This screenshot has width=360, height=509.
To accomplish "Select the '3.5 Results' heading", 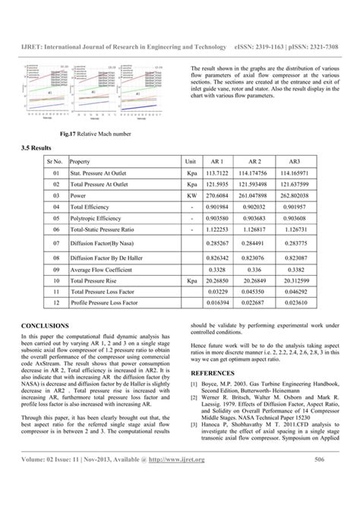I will click(36, 149).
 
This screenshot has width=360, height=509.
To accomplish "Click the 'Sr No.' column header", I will click(55, 162).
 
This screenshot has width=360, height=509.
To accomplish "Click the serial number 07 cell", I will click(55, 243).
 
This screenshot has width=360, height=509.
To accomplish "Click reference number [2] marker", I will click(194, 397).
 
